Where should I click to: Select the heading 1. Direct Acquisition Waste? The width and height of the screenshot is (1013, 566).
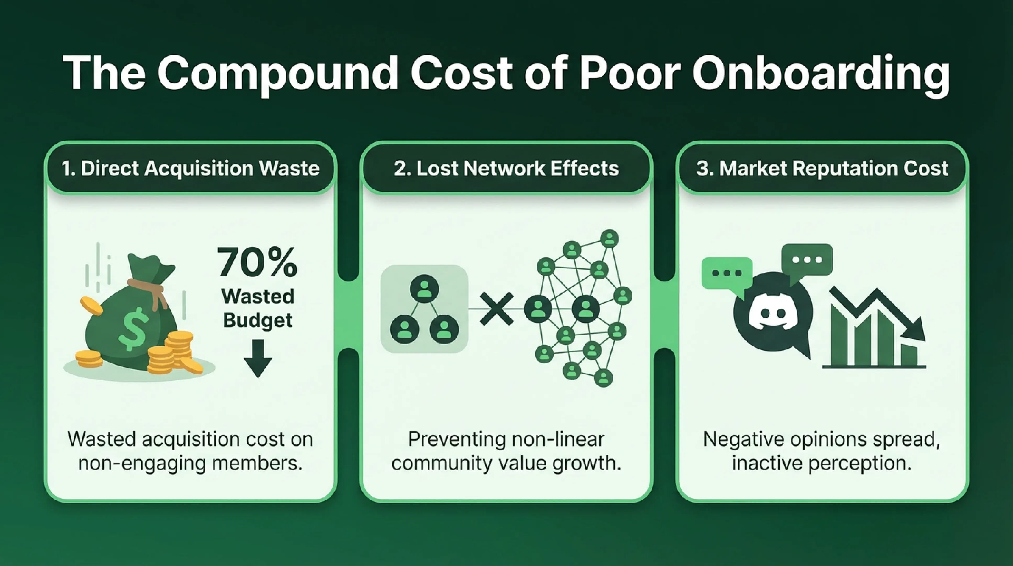click(x=190, y=168)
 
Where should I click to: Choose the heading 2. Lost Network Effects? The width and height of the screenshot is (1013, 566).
click(x=506, y=168)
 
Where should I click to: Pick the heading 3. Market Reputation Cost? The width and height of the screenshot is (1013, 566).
click(x=822, y=168)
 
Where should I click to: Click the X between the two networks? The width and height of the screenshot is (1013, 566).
click(x=497, y=309)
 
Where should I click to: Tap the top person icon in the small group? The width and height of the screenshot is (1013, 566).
click(x=424, y=289)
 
